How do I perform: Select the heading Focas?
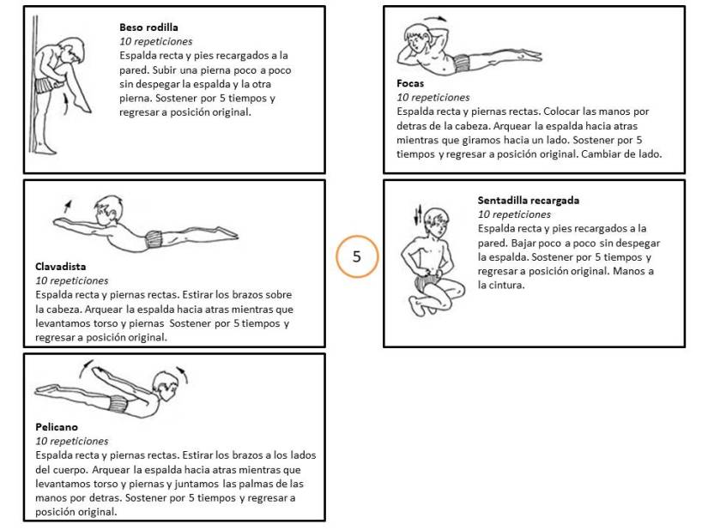(x=410, y=84)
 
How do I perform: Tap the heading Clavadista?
(x=60, y=266)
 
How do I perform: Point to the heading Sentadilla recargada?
(x=528, y=201)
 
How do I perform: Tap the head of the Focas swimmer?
(x=418, y=40)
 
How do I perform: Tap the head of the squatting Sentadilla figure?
(x=437, y=224)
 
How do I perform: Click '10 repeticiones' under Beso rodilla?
(x=156, y=40)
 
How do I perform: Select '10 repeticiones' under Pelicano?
(x=72, y=441)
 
